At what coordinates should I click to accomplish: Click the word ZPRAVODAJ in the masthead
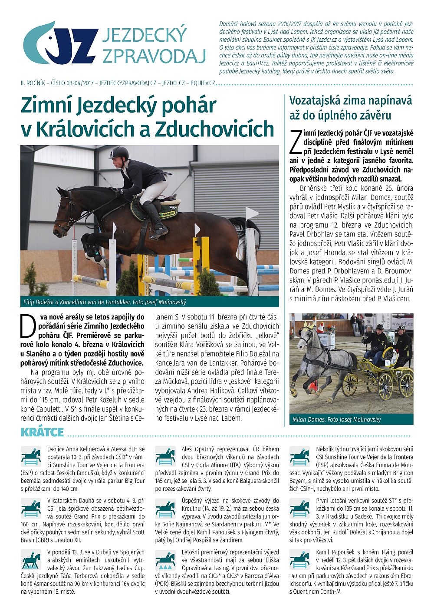154,56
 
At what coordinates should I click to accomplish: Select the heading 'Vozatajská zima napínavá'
351,101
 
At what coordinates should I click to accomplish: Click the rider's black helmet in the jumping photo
119,153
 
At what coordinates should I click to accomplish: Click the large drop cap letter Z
295,141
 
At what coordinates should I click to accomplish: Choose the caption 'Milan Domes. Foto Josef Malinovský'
336,419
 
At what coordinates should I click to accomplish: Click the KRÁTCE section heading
42,432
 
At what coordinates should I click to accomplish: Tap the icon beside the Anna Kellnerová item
31,457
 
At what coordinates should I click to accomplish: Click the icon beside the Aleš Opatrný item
165,457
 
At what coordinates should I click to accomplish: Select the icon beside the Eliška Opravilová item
165,560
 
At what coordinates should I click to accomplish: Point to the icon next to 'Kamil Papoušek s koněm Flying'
300,560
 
